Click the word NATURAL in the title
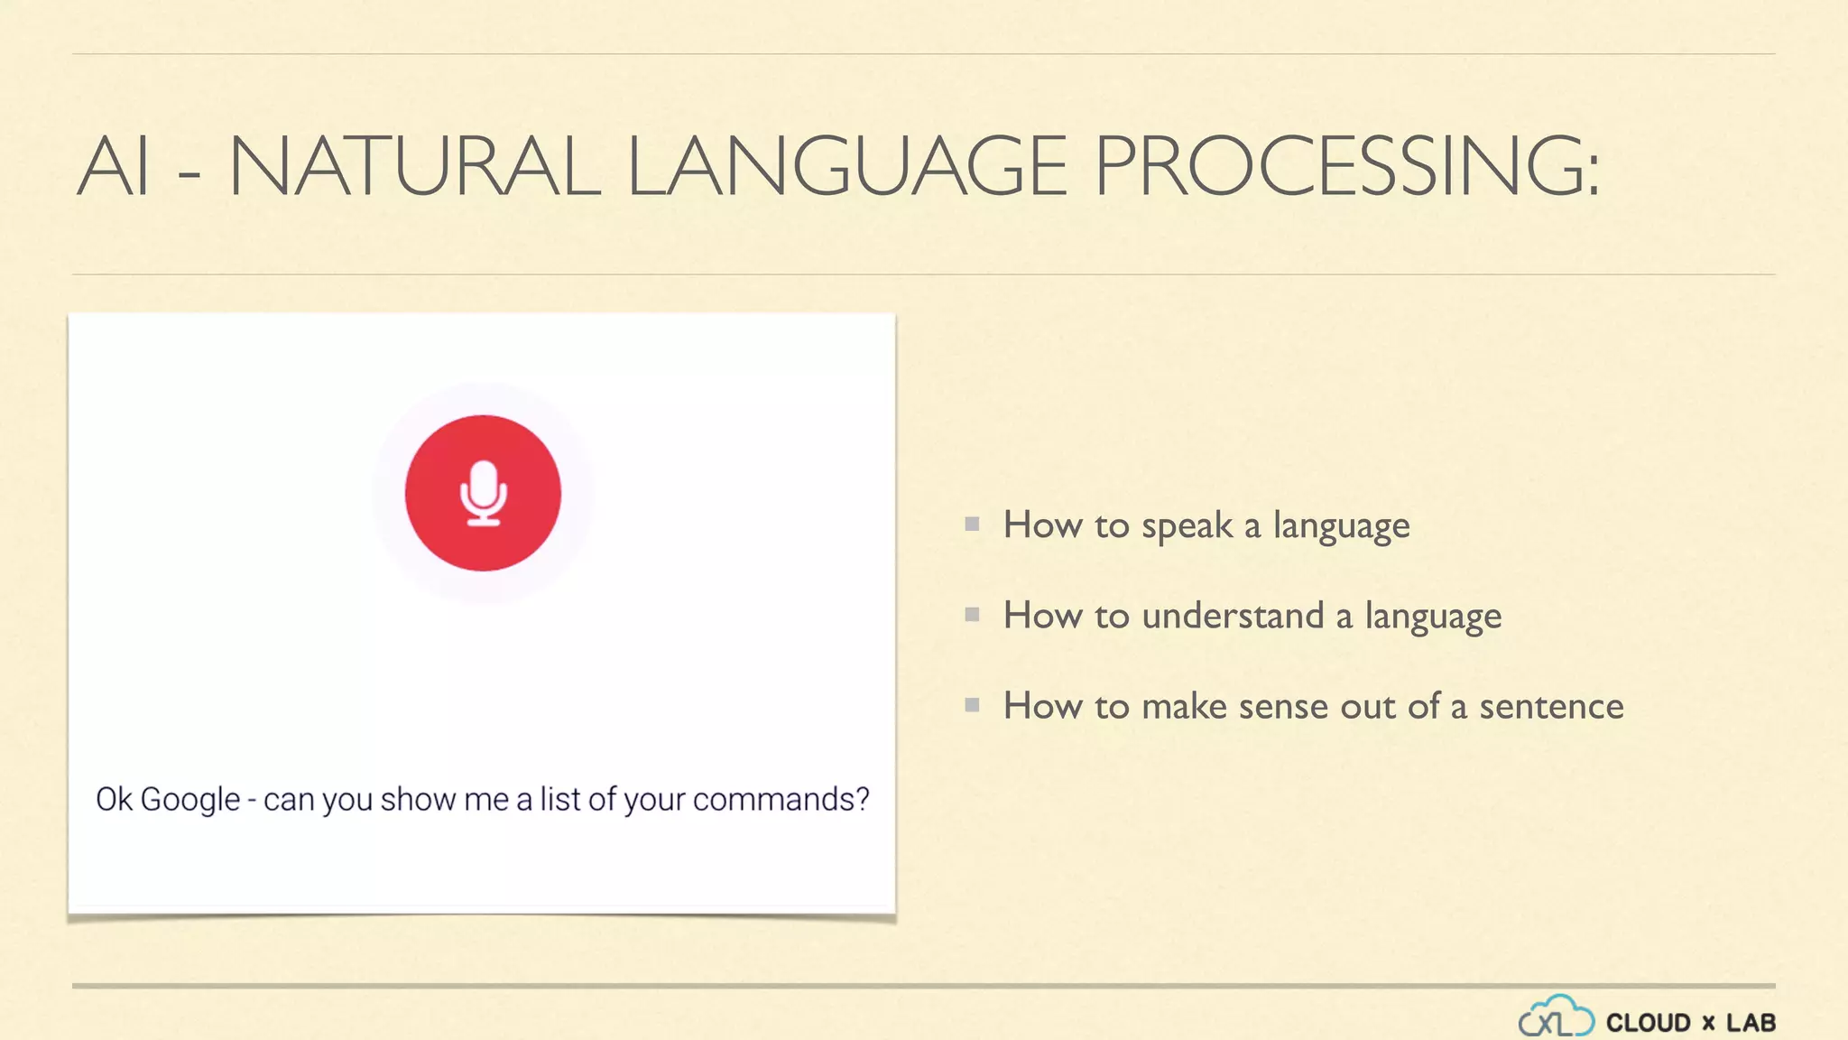coord(415,166)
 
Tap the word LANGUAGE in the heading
coord(847,166)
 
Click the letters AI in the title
coord(113,166)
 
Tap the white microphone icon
coord(484,493)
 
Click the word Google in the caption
coord(190,800)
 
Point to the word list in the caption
coord(559,800)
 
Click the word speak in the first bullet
coord(1187,526)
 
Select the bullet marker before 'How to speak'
coord(972,524)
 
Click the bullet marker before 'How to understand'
coord(972,615)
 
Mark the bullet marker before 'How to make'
coord(972,705)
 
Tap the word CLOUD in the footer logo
coord(1648,1023)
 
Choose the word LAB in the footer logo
coord(1751,1023)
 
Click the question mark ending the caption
coord(861,799)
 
